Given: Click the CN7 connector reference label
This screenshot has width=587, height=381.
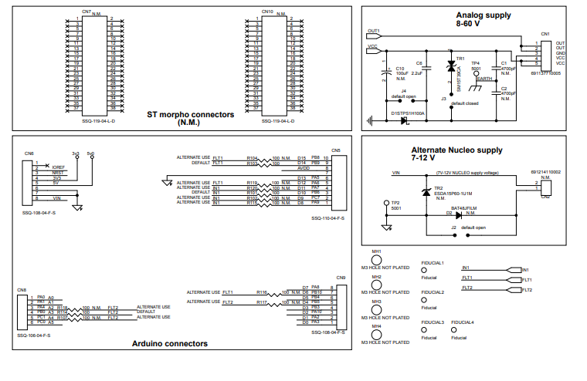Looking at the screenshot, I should [86, 12].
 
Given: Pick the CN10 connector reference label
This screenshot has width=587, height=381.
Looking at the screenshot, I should [267, 12].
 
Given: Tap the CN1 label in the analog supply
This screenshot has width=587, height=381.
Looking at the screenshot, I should [545, 35].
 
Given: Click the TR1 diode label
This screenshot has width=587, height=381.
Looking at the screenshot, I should [460, 58].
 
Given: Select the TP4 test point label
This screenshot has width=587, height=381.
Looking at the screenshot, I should [476, 63].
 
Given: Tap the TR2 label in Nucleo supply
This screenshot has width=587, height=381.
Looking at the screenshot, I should [438, 188].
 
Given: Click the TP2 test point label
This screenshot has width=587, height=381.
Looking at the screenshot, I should [396, 203].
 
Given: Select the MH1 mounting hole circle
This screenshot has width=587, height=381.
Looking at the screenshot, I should [377, 265].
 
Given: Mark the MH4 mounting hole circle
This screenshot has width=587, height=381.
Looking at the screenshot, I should [377, 337].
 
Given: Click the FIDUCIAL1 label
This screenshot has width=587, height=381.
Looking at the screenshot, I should [433, 263].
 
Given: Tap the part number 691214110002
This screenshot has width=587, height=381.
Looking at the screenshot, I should [545, 172].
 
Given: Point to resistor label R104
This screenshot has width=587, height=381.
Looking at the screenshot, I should [252, 157].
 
